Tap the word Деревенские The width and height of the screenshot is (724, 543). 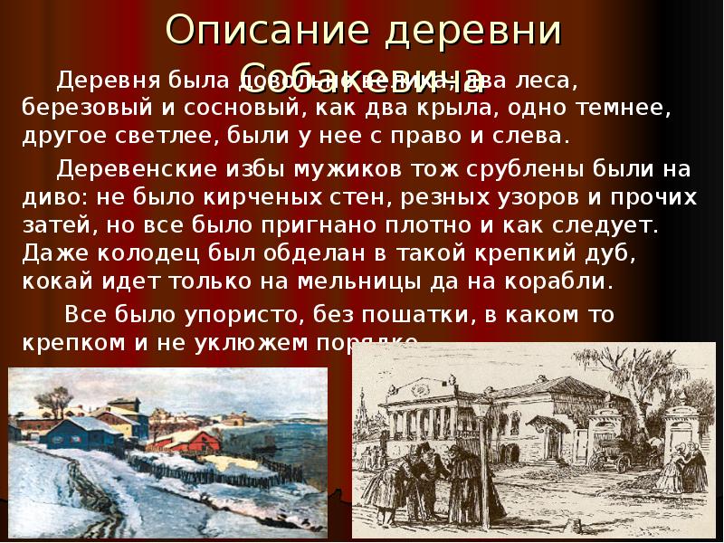pyautogui.click(x=135, y=169)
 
